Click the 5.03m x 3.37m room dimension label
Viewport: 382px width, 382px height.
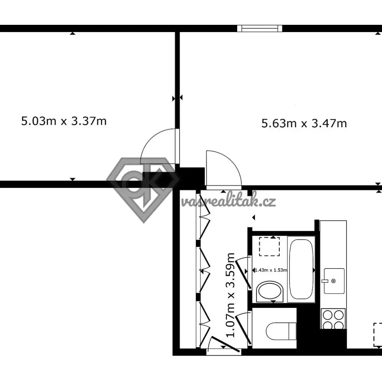pos(64,121)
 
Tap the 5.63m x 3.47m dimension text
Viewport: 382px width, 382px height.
pos(304,123)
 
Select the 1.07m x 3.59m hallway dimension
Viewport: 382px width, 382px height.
pos(230,295)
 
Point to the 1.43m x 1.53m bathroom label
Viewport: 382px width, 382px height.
pos(271,270)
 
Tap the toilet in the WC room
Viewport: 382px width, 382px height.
pos(281,331)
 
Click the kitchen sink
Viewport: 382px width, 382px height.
pos(334,281)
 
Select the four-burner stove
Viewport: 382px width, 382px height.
pos(333,319)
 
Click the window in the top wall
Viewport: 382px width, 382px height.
pos(260,29)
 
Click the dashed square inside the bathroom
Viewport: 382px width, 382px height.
pos(269,246)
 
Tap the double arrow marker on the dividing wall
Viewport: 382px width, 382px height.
pos(177,98)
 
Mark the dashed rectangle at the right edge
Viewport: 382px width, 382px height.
pos(378,335)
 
